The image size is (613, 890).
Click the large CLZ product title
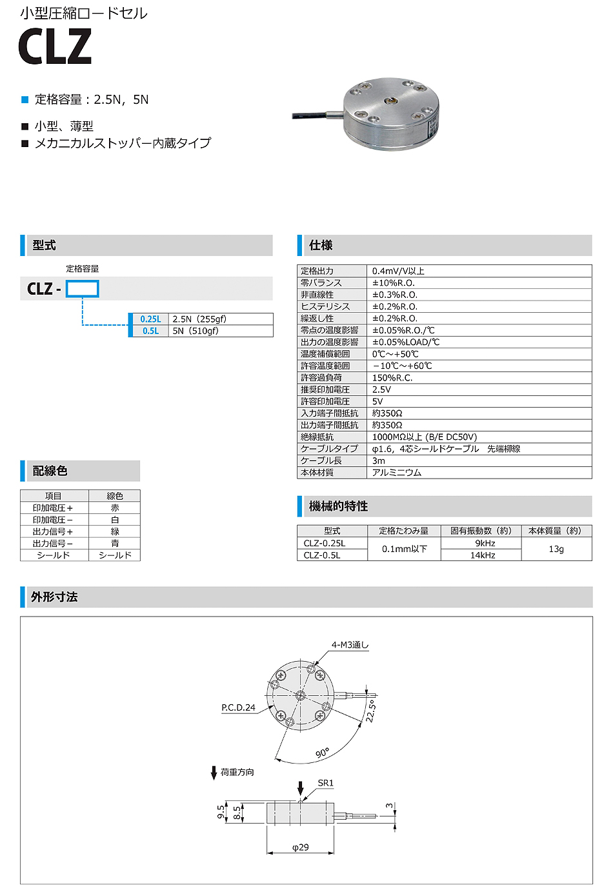point(55,46)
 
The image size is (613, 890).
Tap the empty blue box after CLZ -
point(82,289)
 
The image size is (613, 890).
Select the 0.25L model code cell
point(150,319)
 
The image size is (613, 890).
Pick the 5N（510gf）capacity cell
point(196,331)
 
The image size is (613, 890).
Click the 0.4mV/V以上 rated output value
point(398,271)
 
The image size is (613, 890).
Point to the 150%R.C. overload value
point(392,378)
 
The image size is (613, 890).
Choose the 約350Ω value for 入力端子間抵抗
point(387,413)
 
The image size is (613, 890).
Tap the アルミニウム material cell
point(396,473)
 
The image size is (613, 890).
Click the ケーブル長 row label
point(321,460)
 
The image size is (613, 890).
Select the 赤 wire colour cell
point(115,508)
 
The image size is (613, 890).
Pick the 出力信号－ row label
point(53,544)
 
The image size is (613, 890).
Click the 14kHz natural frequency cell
point(482,555)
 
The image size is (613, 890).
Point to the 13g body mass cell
point(556,549)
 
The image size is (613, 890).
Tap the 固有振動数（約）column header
point(481,531)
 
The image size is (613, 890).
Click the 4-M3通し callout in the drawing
point(350,645)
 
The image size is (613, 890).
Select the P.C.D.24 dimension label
point(238,707)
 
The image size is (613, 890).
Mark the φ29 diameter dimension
point(300,847)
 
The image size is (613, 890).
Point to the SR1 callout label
point(326,783)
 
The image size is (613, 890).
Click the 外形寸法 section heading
point(54,597)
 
